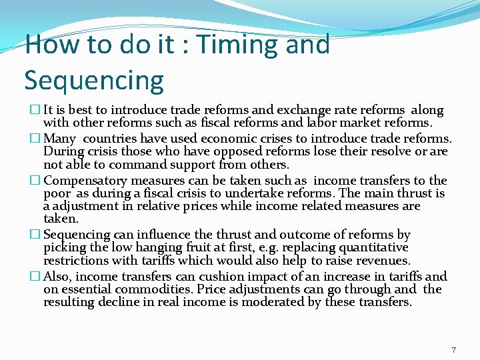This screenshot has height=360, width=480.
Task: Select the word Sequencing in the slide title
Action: click(x=93, y=80)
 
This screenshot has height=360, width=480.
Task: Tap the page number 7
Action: click(x=453, y=349)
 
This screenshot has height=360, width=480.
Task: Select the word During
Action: click(x=62, y=151)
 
